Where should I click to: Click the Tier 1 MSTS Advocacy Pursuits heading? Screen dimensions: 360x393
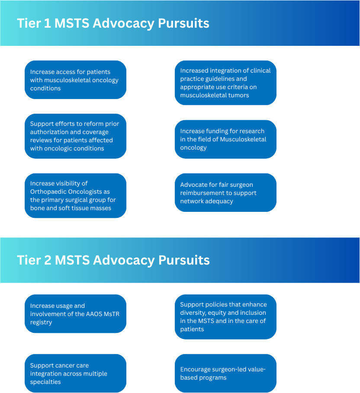point(113,23)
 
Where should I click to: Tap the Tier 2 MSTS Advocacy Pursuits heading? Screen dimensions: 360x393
point(113,260)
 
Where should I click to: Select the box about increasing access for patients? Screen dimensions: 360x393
point(75,80)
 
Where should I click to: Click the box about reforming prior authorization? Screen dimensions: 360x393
point(75,136)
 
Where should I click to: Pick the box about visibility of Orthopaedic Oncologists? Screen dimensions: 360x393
point(75,196)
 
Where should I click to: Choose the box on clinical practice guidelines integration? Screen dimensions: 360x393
point(225,83)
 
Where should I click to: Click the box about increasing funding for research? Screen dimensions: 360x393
point(225,139)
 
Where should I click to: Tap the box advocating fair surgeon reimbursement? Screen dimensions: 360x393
point(225,193)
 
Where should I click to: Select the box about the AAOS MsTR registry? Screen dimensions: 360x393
point(75,314)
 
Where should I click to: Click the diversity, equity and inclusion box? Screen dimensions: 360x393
point(225,317)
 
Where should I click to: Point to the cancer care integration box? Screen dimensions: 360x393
point(75,374)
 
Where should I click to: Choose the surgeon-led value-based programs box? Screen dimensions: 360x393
point(225,374)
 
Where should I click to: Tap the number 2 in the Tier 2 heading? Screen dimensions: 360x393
point(48,260)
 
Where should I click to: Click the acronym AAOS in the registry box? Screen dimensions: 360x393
point(94,314)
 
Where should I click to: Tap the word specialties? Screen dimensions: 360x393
point(45,382)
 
